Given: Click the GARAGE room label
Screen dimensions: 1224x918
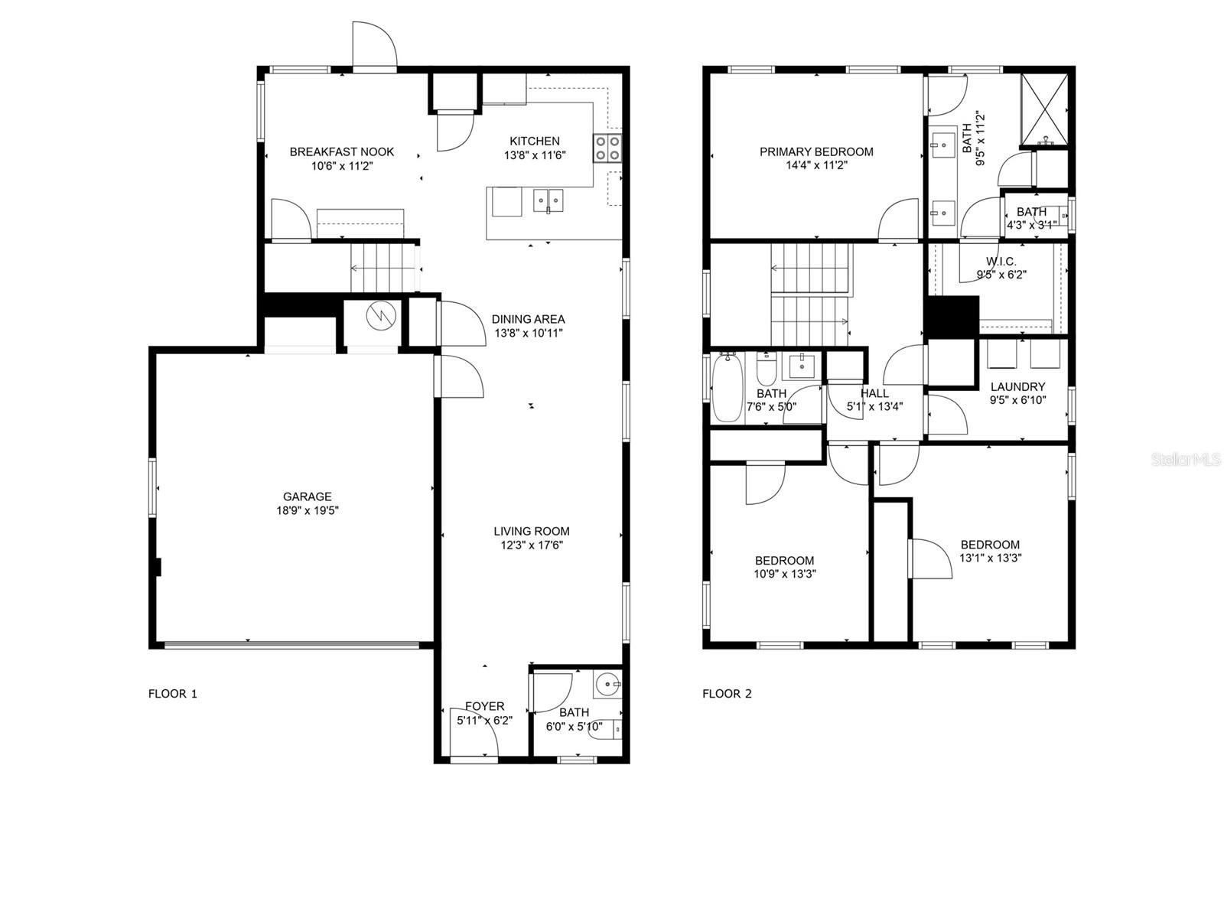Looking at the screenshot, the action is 307,496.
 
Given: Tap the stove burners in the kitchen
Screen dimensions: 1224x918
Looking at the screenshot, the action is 607,148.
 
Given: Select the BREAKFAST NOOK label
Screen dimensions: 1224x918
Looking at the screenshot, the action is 341,151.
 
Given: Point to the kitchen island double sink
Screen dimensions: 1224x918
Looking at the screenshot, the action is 549,200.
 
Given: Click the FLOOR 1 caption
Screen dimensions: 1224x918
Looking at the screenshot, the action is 172,693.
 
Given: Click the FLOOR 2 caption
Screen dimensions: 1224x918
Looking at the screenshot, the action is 727,693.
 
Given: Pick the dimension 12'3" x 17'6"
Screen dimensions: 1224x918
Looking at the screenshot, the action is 532,545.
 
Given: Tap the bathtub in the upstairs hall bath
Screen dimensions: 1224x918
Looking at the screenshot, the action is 728,386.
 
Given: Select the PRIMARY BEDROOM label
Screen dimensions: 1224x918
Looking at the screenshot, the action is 815,151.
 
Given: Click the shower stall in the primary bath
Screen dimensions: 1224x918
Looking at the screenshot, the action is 1044,109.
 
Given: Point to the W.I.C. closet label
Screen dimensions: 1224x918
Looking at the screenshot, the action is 1001,261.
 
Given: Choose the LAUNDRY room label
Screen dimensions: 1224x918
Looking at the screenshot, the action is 1017,386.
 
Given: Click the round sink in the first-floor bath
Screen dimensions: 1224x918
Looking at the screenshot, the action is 607,684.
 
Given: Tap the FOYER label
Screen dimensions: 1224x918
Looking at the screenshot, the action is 484,706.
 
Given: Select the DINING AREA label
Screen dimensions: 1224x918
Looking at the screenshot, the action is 528,319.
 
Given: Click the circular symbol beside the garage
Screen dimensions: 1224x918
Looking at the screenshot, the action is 381,316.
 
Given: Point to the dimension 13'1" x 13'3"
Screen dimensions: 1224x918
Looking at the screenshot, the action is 990,558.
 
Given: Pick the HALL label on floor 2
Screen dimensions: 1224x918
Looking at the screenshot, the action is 874,393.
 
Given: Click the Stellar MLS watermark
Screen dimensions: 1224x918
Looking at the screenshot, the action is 1186,460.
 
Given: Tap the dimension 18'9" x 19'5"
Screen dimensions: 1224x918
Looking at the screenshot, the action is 308,510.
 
